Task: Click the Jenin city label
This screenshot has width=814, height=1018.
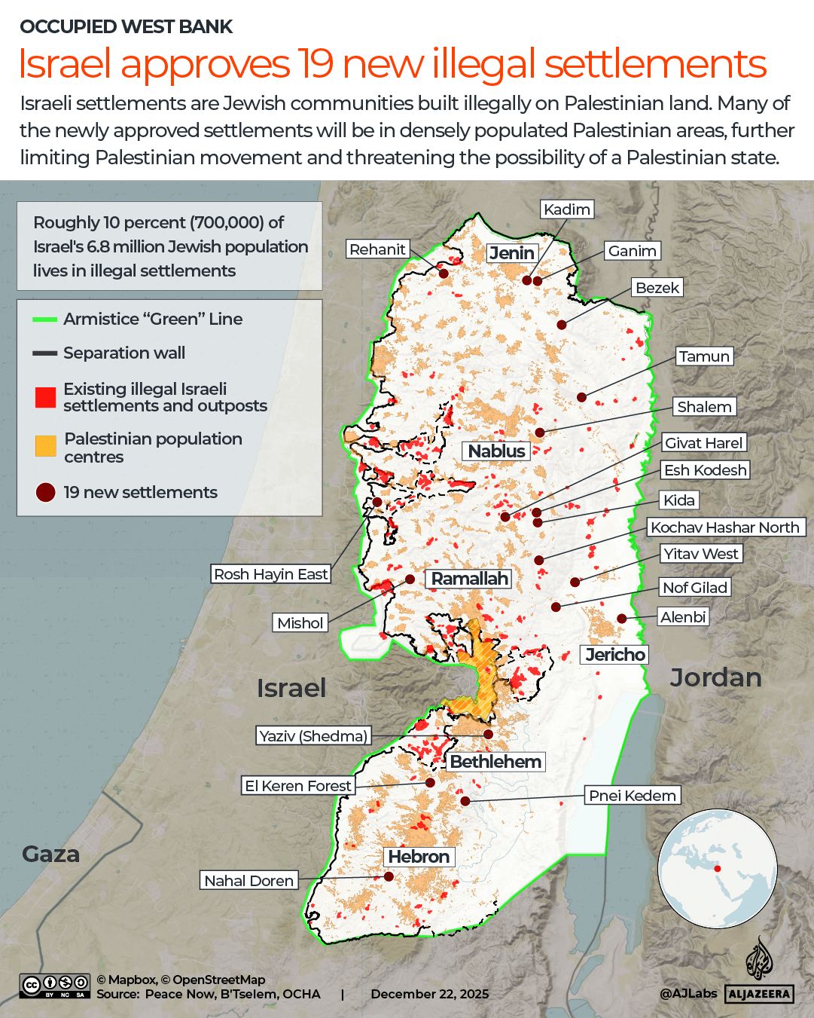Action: pyautogui.click(x=512, y=253)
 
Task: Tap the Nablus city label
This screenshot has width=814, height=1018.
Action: pyautogui.click(x=496, y=451)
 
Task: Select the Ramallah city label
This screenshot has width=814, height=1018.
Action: pyautogui.click(x=470, y=579)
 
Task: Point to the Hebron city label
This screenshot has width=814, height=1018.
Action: pyautogui.click(x=419, y=857)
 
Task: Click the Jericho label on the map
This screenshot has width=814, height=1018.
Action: pyautogui.click(x=615, y=654)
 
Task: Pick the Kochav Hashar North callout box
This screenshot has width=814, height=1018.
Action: pyautogui.click(x=725, y=527)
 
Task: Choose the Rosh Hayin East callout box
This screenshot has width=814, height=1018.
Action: pyautogui.click(x=271, y=574)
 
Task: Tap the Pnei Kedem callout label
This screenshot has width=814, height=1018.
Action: pyautogui.click(x=632, y=796)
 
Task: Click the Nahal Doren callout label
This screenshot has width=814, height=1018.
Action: pyautogui.click(x=249, y=881)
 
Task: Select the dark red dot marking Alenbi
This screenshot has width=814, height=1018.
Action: pyautogui.click(x=622, y=618)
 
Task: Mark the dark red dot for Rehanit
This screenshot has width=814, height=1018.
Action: pyautogui.click(x=444, y=274)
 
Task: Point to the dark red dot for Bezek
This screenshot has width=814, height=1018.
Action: pyautogui.click(x=561, y=324)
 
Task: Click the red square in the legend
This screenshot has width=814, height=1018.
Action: pyautogui.click(x=46, y=397)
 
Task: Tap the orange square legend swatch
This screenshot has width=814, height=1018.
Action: pyautogui.click(x=46, y=446)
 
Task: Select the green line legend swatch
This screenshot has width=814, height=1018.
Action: pyautogui.click(x=45, y=319)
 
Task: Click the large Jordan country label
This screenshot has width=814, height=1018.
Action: pyautogui.click(x=715, y=677)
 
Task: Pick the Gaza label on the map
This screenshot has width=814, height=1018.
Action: pyautogui.click(x=50, y=854)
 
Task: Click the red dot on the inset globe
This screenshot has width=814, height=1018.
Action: pyautogui.click(x=718, y=869)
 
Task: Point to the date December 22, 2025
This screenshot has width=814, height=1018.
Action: pyautogui.click(x=429, y=994)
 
